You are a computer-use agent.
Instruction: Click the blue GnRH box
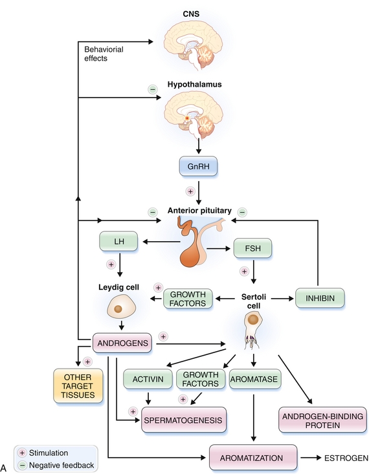[x=198, y=166]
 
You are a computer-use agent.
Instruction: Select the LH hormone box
[x=118, y=241]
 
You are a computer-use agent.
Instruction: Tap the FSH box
[x=252, y=248]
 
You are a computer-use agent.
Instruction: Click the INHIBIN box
[x=320, y=298]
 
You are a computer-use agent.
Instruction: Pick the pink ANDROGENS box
[x=122, y=343]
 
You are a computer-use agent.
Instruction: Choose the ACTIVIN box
[x=148, y=379]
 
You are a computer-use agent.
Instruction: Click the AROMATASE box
[x=254, y=379]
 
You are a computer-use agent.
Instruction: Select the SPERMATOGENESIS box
[x=183, y=420]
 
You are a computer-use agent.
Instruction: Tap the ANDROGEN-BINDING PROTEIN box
[x=322, y=420]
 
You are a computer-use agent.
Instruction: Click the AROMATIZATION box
[x=252, y=458]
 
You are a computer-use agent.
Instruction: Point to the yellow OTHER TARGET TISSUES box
[x=78, y=386]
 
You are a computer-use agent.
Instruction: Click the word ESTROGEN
[x=346, y=458]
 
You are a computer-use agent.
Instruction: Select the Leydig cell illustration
[x=122, y=307]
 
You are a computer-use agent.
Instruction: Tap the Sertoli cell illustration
[x=253, y=330]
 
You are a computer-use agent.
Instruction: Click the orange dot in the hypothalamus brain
[x=187, y=118]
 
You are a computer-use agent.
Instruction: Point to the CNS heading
[x=191, y=14]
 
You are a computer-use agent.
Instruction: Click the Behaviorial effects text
[x=104, y=54]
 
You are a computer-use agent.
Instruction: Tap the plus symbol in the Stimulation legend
[x=22, y=453]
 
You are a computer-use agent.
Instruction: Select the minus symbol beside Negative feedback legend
[x=22, y=465]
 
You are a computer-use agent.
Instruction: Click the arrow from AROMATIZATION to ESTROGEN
[x=310, y=458]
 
